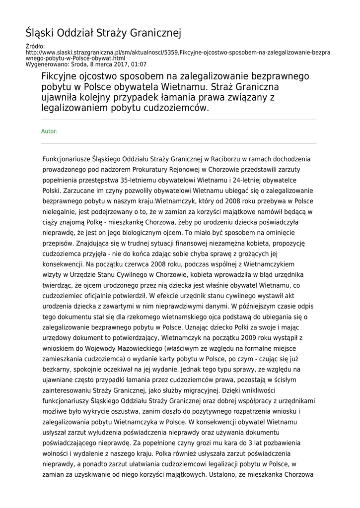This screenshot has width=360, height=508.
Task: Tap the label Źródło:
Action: click(35, 47)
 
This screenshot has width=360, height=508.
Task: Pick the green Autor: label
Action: click(49, 131)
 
